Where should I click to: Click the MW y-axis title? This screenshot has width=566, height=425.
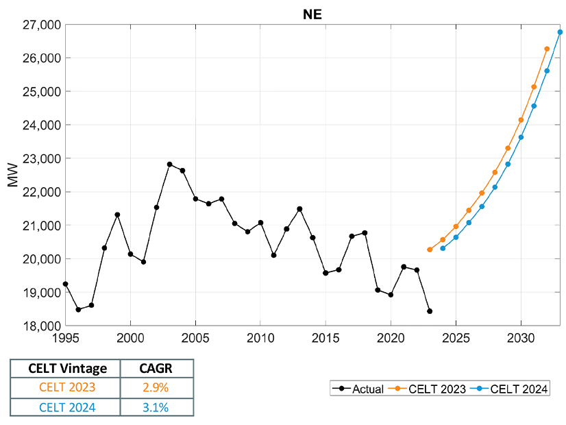pyautogui.click(x=13, y=175)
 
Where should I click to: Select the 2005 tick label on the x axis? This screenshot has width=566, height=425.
pyautogui.click(x=195, y=337)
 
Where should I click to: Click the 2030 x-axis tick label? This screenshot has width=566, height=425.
pyautogui.click(x=521, y=337)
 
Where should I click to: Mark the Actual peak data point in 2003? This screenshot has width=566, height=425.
pyautogui.click(x=169, y=165)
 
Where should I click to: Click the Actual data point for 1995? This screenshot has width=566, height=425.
pyautogui.click(x=65, y=284)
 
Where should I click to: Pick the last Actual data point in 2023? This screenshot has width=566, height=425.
pyautogui.click(x=430, y=311)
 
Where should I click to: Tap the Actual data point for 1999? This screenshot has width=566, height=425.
pyautogui.click(x=117, y=215)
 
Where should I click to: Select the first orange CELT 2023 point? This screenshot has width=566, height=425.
pyautogui.click(x=430, y=250)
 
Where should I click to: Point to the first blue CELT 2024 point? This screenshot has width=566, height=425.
pyautogui.click(x=443, y=248)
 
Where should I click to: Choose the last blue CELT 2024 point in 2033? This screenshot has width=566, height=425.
pyautogui.click(x=560, y=32)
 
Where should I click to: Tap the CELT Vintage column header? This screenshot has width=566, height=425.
pyautogui.click(x=65, y=368)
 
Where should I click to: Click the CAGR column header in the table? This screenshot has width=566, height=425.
pyautogui.click(x=157, y=368)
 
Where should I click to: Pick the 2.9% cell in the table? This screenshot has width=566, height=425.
pyautogui.click(x=157, y=387)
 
